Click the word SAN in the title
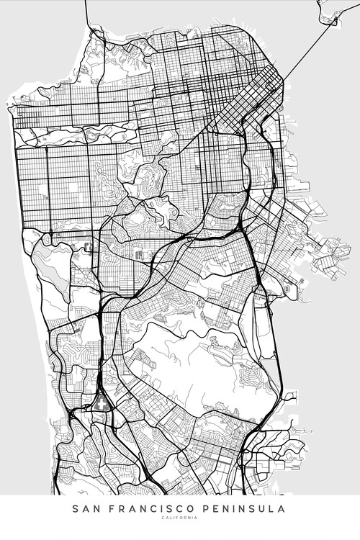click(x=84, y=509)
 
